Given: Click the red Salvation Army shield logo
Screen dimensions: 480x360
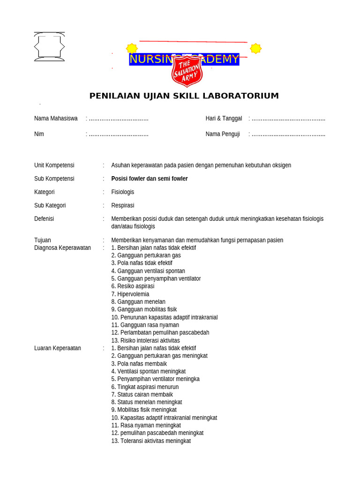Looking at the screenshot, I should point(187,71).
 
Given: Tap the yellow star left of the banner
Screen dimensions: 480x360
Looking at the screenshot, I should point(132,48).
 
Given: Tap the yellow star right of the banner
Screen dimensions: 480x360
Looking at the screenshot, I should point(255,48).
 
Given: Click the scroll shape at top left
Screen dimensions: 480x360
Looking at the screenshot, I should point(49,47).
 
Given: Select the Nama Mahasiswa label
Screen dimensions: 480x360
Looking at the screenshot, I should point(56,119).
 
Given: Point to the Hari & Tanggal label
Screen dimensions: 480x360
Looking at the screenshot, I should point(224,119).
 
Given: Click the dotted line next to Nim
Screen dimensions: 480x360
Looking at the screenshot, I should point(119,134).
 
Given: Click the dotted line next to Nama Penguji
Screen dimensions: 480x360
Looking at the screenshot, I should point(288,134).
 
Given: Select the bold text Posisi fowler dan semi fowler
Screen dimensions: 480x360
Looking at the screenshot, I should point(150,179).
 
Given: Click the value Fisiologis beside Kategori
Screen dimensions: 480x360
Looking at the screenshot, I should point(123,192).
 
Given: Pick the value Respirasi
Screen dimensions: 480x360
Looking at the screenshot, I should point(123,205).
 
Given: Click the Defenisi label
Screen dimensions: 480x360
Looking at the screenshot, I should point(44,219).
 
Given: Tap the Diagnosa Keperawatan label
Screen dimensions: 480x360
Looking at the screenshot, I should point(62,248).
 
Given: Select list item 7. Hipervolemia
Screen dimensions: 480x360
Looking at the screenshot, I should point(130,294).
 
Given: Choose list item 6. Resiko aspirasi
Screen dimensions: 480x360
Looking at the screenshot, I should point(133,286).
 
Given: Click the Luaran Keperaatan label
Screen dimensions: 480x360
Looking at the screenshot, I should point(58,348).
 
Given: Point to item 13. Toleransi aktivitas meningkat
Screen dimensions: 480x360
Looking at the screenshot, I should point(151,441).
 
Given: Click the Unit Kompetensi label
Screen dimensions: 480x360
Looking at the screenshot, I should point(54,165).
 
